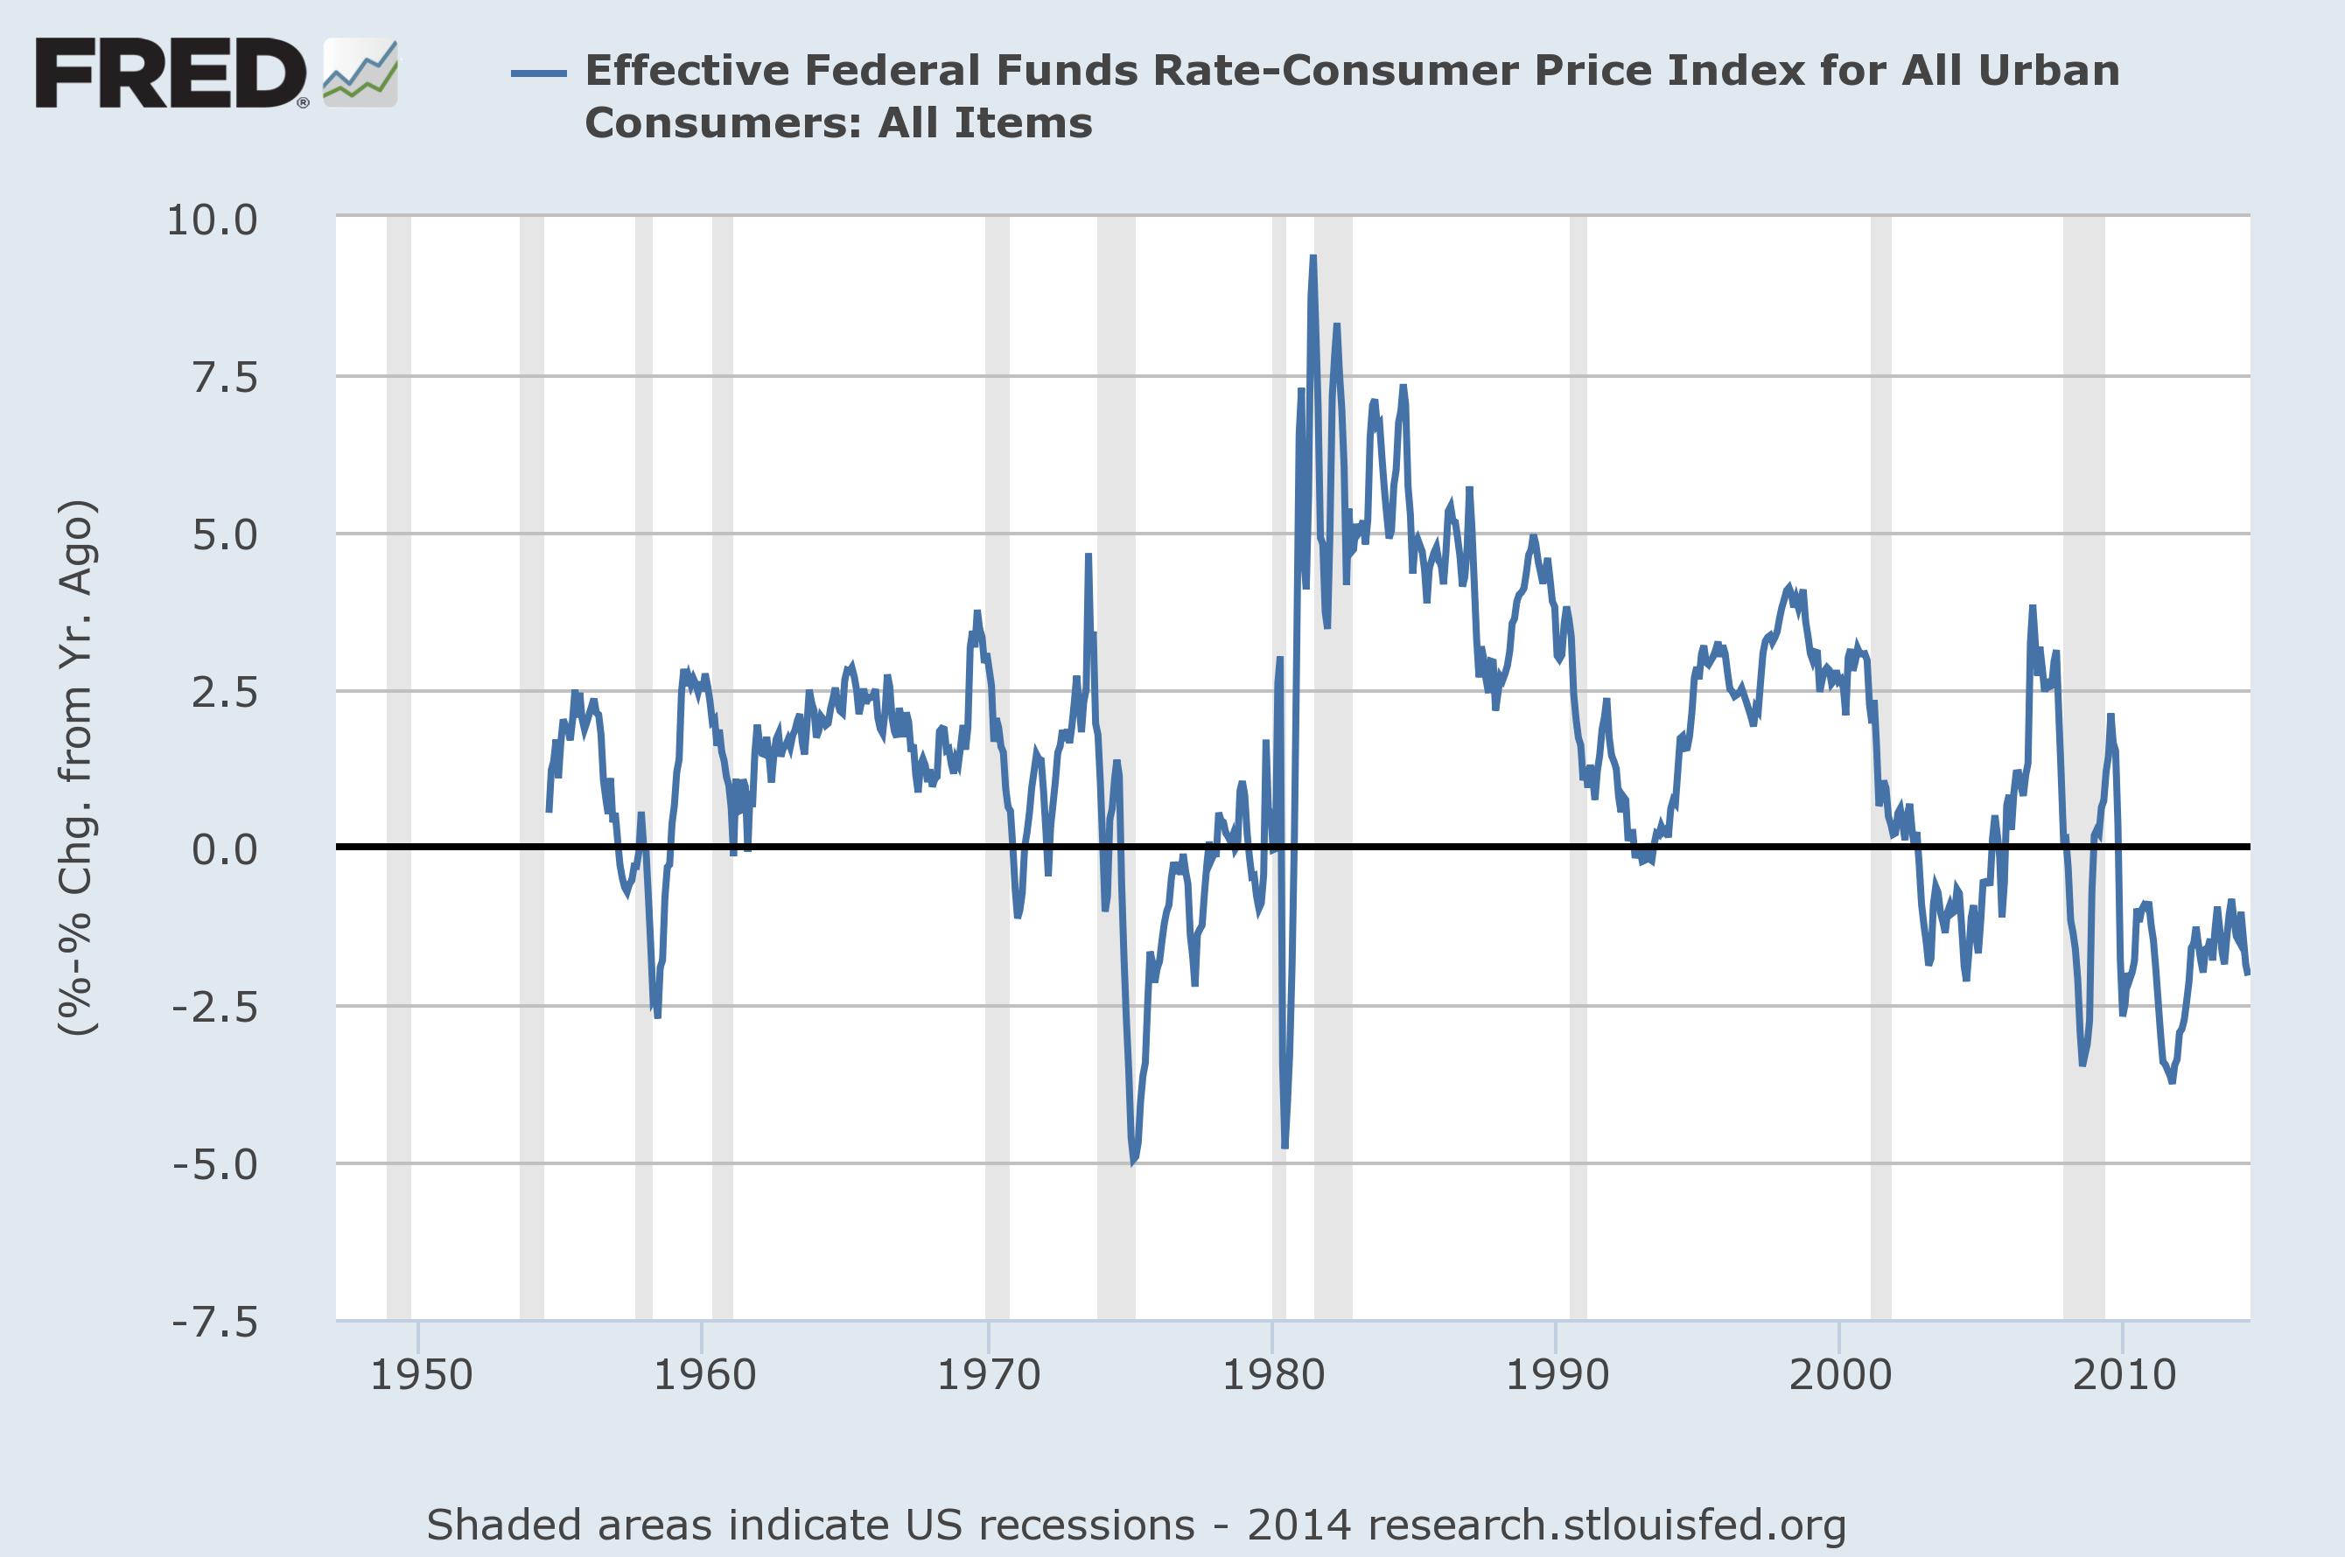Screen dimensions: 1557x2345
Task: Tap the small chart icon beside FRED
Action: tap(360, 73)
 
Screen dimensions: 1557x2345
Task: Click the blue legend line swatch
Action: tap(538, 73)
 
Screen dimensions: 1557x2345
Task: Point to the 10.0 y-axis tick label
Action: tap(212, 220)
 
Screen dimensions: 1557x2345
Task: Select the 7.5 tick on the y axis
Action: tap(225, 377)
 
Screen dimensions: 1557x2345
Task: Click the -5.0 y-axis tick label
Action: tap(214, 1163)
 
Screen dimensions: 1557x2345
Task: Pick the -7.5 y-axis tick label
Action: tap(214, 1322)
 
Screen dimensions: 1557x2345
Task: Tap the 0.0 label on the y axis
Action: tap(225, 849)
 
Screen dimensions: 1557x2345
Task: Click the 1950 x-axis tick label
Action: tap(421, 1375)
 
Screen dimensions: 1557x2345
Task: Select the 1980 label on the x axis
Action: tap(1272, 1375)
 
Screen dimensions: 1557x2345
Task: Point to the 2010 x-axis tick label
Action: tap(2124, 1375)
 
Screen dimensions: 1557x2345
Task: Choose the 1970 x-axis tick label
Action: tap(988, 1375)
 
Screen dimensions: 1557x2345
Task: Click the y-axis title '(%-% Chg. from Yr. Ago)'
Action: tap(78, 769)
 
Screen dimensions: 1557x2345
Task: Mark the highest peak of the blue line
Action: tap(1312, 258)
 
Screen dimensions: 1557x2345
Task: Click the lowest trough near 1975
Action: tap(1132, 1161)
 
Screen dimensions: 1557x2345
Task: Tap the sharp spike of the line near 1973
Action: tap(1088, 556)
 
